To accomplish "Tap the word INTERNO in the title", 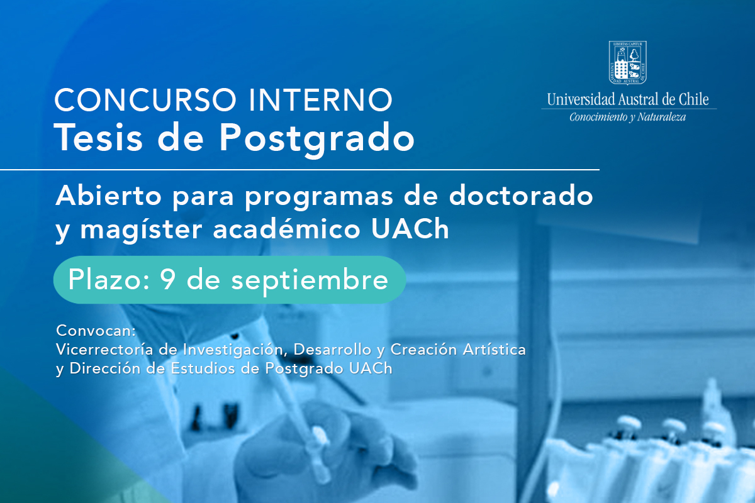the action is coord(321,100).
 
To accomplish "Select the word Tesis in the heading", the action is coord(98,138).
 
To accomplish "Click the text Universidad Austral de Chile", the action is coord(628,99).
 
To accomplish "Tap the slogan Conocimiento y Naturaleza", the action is coord(628,117).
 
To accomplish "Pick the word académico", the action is coord(286,229).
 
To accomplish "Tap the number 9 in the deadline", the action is coord(167,279).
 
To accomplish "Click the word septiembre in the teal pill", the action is coord(310,281).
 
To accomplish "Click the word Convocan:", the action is coord(96,331).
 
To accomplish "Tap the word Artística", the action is coord(494,350).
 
